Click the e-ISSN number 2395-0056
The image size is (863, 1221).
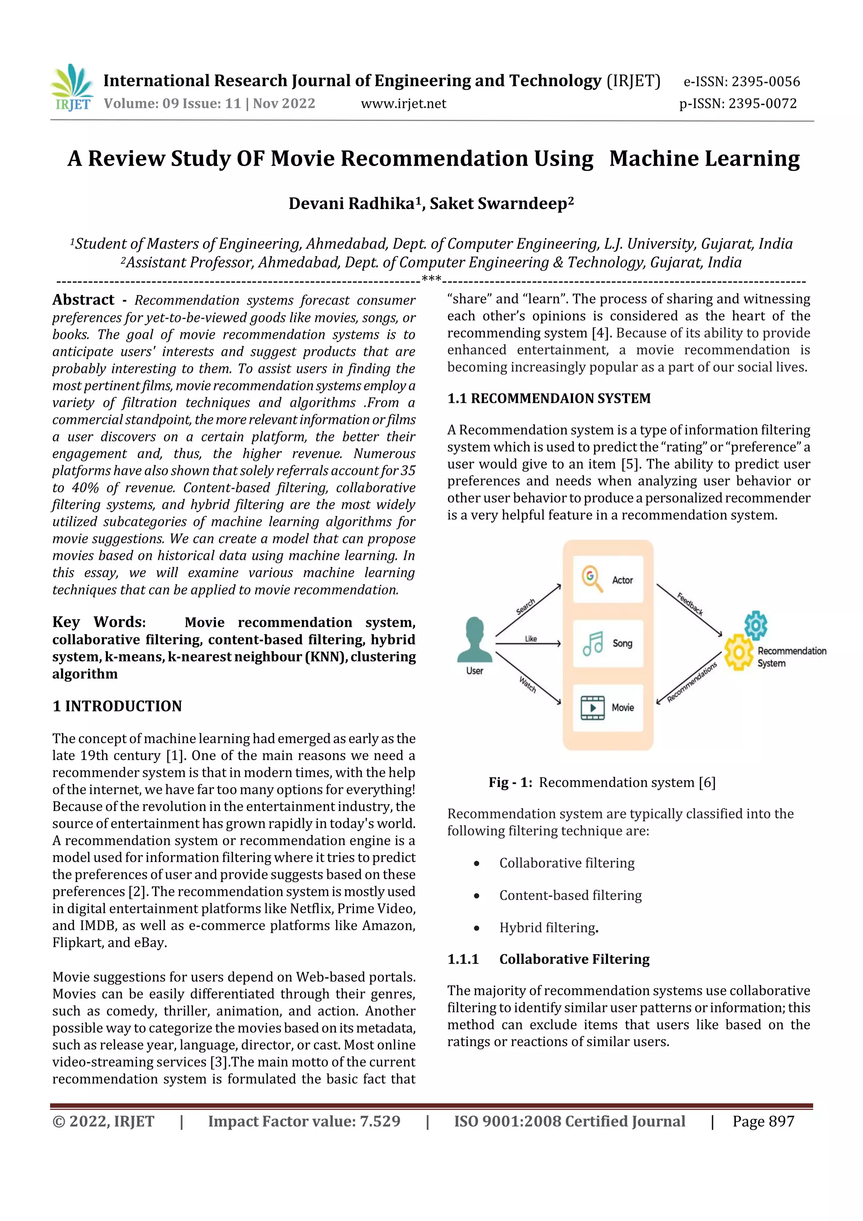[x=765, y=82]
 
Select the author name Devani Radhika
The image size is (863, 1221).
[x=351, y=204]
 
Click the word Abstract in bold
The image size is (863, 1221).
[x=83, y=300]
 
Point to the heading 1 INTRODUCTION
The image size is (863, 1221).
[x=117, y=706]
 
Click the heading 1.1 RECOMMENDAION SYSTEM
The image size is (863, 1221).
[x=549, y=398]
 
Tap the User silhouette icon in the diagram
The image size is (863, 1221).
[x=474, y=641]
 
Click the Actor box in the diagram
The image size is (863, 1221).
[x=608, y=579]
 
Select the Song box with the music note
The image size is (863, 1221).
[x=608, y=644]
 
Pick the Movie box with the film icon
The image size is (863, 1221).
[x=608, y=708]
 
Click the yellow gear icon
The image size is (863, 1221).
[x=739, y=652]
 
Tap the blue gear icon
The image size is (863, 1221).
[x=756, y=625]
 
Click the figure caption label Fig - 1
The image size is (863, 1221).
[x=510, y=782]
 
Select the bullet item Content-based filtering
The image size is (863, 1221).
[x=570, y=896]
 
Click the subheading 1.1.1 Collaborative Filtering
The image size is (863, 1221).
[x=548, y=959]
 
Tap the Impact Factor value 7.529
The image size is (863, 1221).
[x=380, y=1122]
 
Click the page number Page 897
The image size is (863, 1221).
[x=763, y=1122]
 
